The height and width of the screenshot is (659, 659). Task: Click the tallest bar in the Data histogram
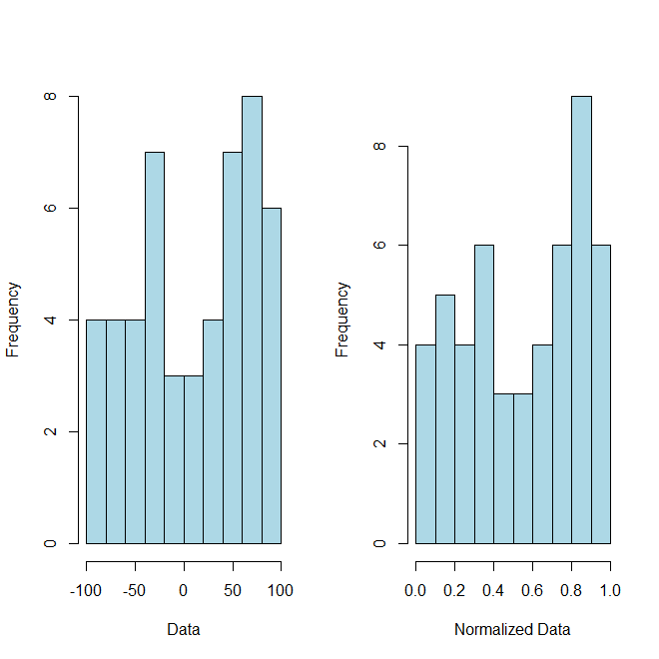pyautogui.click(x=252, y=320)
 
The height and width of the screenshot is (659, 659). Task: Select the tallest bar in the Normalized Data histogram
pyautogui.click(x=581, y=320)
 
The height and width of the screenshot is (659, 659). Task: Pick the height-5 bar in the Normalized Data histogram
pyautogui.click(x=444, y=419)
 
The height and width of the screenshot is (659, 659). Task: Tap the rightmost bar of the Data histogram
pyautogui.click(x=271, y=375)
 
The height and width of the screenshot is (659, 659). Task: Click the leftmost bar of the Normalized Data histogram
pyautogui.click(x=425, y=444)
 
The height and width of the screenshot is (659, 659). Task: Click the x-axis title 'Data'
pyautogui.click(x=184, y=630)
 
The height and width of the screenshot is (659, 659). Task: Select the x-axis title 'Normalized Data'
pyautogui.click(x=512, y=630)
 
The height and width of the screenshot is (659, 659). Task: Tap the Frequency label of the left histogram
pyautogui.click(x=14, y=320)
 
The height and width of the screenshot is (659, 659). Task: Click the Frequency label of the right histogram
pyautogui.click(x=343, y=320)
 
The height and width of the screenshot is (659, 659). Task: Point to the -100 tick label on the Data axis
pyautogui.click(x=86, y=590)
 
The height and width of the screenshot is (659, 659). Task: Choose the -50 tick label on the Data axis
pyautogui.click(x=135, y=590)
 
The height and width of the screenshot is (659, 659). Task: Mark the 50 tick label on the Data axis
pyautogui.click(x=233, y=590)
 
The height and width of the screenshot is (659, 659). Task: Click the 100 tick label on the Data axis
pyautogui.click(x=281, y=590)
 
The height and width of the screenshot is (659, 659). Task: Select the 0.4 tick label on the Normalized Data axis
pyautogui.click(x=493, y=590)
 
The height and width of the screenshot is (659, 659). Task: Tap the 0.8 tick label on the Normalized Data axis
pyautogui.click(x=571, y=590)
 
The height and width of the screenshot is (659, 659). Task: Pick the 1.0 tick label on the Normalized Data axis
pyautogui.click(x=610, y=590)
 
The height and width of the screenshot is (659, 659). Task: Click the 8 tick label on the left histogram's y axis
pyautogui.click(x=46, y=97)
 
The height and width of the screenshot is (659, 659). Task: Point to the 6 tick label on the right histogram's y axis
pyautogui.click(x=375, y=246)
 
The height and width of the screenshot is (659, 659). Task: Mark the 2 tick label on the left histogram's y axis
pyautogui.click(x=46, y=432)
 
